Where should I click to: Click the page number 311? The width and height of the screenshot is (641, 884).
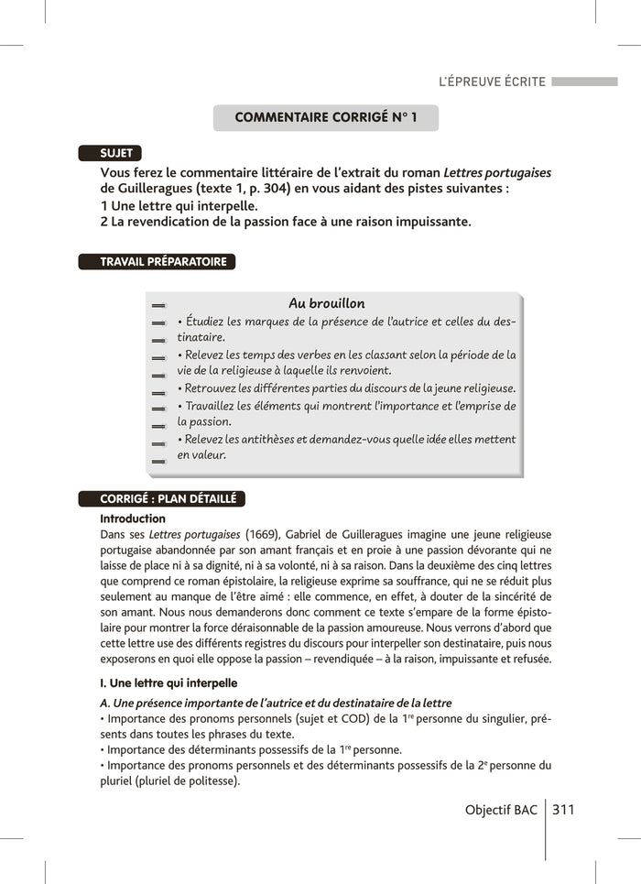[564, 810]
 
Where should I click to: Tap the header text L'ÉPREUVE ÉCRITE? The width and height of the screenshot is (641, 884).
[492, 82]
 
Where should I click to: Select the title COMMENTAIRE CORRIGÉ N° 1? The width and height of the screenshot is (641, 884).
[325, 118]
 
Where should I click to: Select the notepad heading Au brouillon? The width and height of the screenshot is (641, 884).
[326, 303]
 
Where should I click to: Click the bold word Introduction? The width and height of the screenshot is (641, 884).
[133, 518]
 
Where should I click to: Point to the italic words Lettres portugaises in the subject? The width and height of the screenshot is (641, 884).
[497, 172]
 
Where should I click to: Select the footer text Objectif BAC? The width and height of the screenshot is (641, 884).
[501, 810]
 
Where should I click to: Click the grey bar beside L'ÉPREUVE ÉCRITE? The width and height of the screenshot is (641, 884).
[584, 82]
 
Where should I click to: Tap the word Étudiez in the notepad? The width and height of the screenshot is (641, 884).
[205, 322]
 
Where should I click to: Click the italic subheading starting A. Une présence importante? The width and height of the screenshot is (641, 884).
[276, 703]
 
